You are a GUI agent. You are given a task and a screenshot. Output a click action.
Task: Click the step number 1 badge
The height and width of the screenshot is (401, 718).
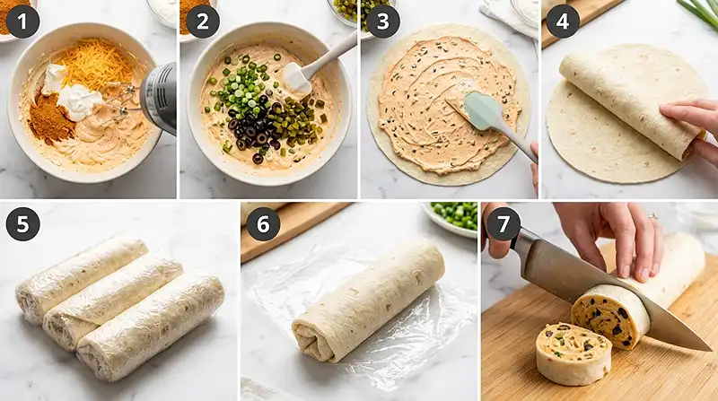pos(23,22)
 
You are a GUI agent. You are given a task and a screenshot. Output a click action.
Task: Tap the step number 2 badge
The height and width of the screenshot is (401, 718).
pos(203,22)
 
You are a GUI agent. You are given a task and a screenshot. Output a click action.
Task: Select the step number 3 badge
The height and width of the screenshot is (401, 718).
pos(383,22)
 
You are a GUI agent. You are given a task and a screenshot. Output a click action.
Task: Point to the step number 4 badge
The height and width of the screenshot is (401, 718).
pos(563,22)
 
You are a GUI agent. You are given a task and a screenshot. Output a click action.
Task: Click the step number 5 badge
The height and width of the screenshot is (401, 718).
pos(23,224)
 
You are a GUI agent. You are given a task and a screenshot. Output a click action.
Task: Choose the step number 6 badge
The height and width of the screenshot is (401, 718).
pos(263,224)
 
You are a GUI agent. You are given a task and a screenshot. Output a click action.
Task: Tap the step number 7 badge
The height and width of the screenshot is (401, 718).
pos(503,224)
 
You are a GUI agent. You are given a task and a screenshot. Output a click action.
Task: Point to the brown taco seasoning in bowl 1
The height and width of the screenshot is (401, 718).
pos(50,119)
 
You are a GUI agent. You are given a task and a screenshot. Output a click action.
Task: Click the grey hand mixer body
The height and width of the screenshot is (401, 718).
pos(159,99)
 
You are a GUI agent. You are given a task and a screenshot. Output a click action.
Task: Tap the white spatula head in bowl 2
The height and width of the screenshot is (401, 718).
pos(296,78)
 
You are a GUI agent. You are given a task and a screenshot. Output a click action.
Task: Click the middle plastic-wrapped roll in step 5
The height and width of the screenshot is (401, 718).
pos(113,301)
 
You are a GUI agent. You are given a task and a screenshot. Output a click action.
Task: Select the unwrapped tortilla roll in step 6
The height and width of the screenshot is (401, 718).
pos(369,300)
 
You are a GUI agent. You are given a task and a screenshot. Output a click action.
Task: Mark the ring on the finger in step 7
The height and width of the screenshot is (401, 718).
pos(653,215)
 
